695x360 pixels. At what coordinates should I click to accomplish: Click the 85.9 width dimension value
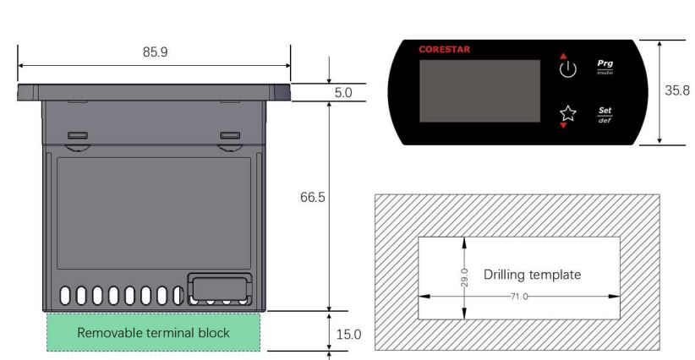click(x=155, y=52)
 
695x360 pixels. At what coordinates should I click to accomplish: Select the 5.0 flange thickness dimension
click(x=342, y=93)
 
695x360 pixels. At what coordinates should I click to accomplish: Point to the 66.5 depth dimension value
click(x=313, y=197)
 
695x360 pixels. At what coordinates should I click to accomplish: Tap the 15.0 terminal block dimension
click(x=348, y=334)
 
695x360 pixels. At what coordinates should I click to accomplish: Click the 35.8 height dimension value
click(x=676, y=90)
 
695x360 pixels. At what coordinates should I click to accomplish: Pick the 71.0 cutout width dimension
click(x=519, y=297)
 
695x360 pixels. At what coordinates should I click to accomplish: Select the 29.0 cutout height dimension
click(x=464, y=276)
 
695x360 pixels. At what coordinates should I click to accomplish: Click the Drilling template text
click(x=532, y=275)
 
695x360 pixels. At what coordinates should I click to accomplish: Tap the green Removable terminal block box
click(x=153, y=332)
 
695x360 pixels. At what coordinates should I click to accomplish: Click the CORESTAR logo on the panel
click(x=444, y=50)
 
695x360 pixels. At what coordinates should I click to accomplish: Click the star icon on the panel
click(x=567, y=112)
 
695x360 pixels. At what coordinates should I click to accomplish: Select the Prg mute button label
click(x=605, y=67)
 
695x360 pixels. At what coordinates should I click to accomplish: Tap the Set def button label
click(x=605, y=114)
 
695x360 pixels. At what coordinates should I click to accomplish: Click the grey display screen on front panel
click(x=479, y=91)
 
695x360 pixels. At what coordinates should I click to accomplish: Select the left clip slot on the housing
click(x=77, y=135)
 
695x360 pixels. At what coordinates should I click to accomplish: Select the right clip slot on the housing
click(x=229, y=135)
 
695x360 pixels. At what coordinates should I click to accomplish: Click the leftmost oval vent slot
click(x=66, y=296)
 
